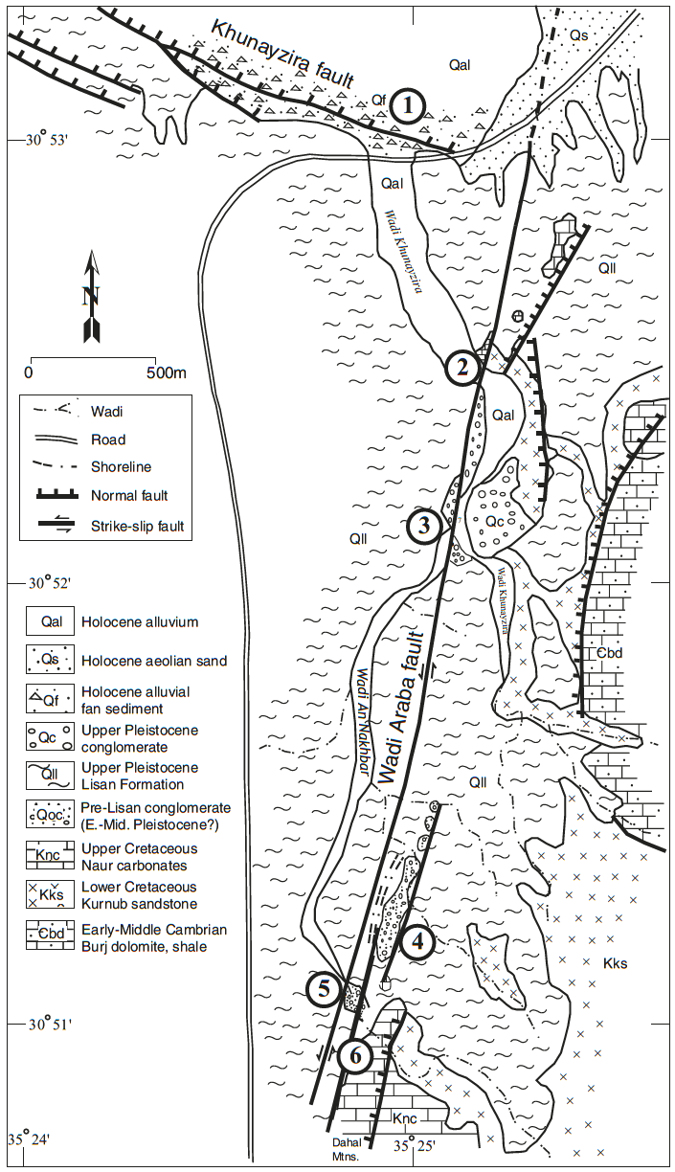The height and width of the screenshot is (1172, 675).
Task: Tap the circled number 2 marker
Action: (462, 367)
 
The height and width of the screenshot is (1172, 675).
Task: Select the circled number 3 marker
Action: (423, 524)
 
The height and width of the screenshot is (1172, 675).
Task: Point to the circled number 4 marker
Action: (418, 942)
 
